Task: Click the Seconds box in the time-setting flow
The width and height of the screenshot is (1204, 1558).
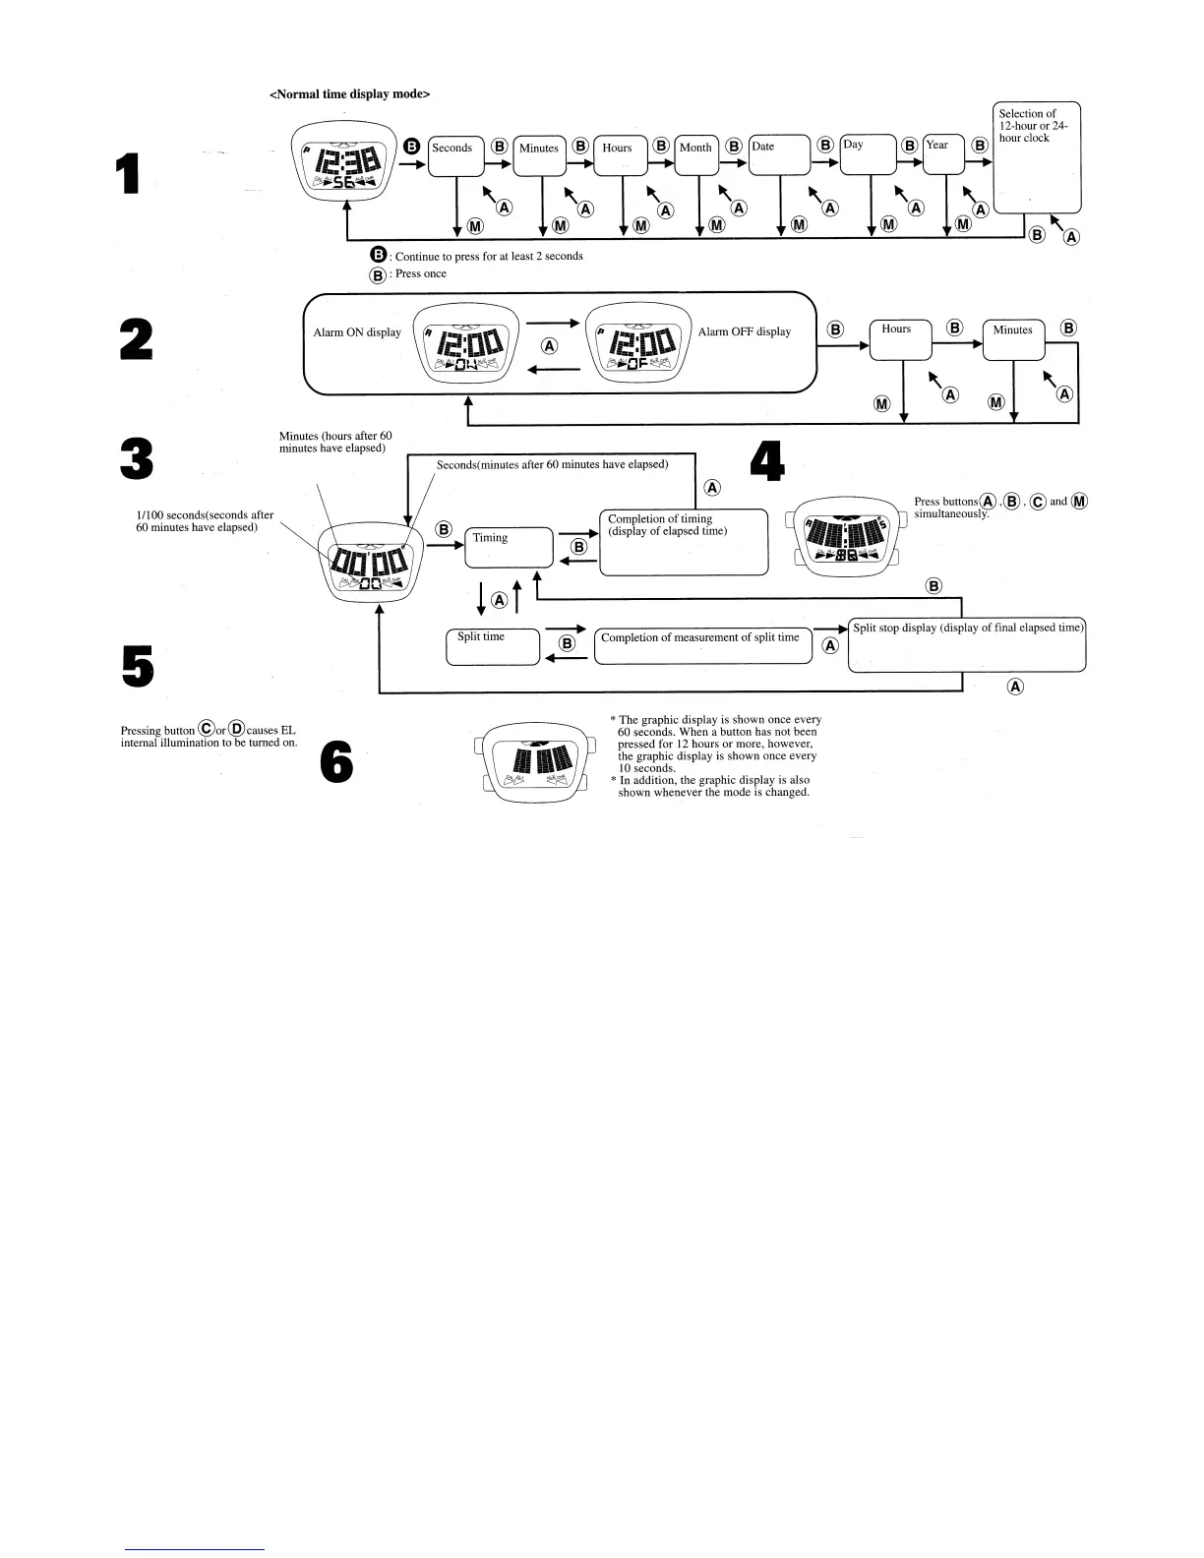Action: (456, 155)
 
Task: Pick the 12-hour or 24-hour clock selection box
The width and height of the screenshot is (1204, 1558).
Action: (1037, 157)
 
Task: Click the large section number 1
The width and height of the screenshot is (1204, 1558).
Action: (126, 174)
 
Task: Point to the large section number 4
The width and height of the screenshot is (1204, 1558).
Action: (767, 460)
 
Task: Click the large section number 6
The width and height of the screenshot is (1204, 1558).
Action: (336, 762)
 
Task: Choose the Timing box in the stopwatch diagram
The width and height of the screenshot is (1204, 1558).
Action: (509, 547)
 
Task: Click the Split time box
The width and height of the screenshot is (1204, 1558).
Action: (493, 646)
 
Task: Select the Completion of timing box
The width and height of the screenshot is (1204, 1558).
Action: (683, 541)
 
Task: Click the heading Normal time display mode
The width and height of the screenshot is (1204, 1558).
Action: (349, 94)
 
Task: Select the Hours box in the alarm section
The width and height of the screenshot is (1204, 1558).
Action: (901, 339)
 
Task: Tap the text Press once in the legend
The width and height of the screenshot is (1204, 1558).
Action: (420, 274)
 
